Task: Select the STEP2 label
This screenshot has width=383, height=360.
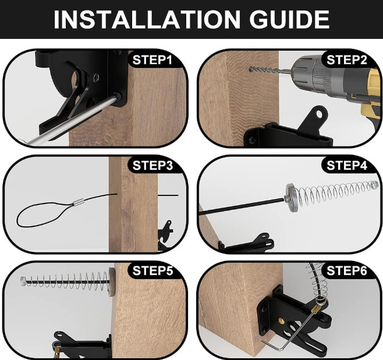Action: point(347,59)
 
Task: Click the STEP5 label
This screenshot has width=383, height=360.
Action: point(153,270)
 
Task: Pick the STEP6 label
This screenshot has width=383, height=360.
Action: point(347,270)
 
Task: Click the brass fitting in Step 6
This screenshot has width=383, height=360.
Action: point(318,302)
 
